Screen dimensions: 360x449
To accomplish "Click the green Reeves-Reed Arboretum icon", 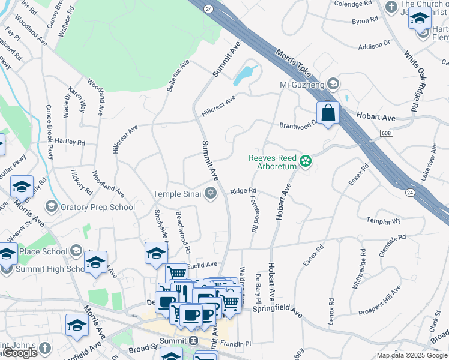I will (306, 161).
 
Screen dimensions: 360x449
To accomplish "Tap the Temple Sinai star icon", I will (210, 193).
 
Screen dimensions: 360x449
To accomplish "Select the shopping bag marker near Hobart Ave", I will (328, 113).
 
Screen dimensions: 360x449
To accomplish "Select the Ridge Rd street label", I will (243, 191).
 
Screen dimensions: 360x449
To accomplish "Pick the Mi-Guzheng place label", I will (303, 84).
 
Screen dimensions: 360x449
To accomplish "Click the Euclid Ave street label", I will (202, 265).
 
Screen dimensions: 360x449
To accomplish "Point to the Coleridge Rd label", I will (354, 4).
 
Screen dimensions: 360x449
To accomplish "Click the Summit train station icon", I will (193, 340).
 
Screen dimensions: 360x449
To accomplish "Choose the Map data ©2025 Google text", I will (411, 355).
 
